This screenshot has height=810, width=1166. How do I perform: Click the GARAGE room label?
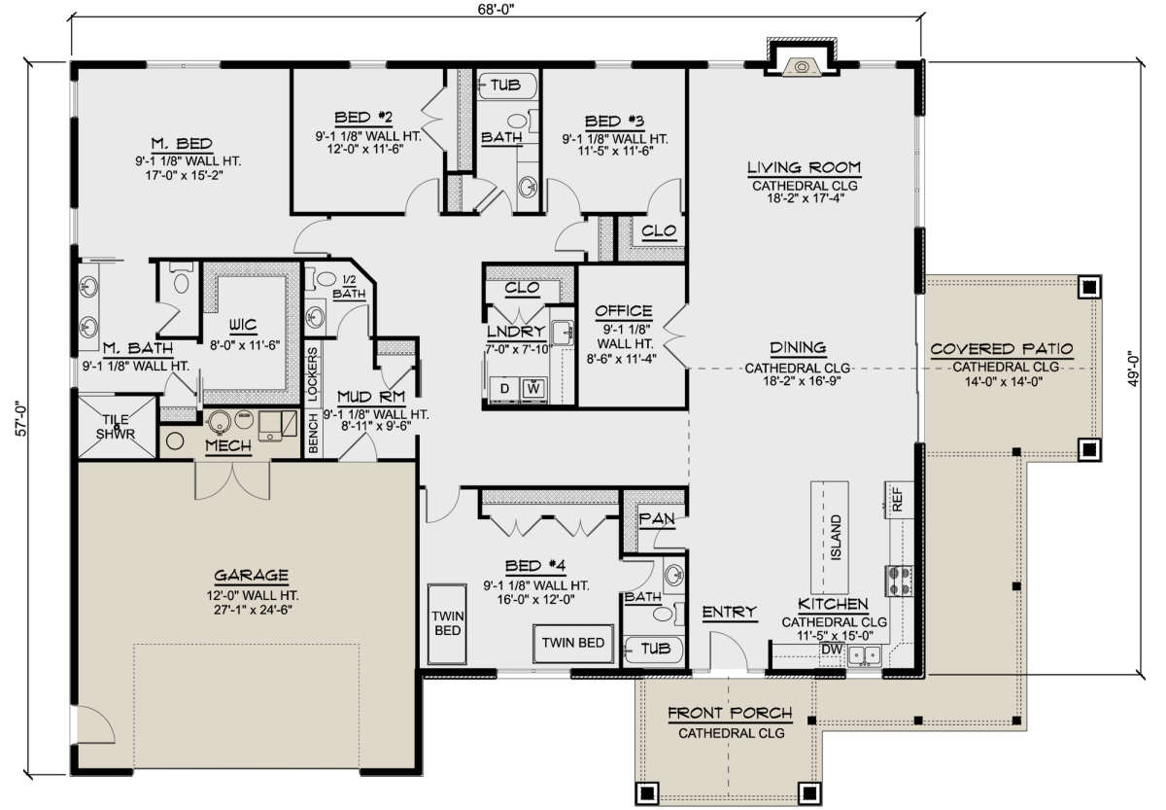pyautogui.click(x=247, y=574)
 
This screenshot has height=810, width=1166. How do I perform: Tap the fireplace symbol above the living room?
pyautogui.click(x=802, y=66)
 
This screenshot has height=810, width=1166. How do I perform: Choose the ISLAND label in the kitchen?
pyautogui.click(x=835, y=536)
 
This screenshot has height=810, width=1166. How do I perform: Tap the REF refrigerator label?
pyautogui.click(x=897, y=500)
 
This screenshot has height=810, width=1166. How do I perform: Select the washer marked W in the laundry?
pyautogui.click(x=533, y=388)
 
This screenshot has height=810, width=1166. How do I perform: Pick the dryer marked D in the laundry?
pyautogui.click(x=503, y=388)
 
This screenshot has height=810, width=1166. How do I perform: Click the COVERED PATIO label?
pyautogui.click(x=1001, y=349)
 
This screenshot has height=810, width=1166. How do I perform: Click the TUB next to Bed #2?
pyautogui.click(x=503, y=85)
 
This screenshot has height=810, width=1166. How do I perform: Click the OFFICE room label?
pyautogui.click(x=623, y=311)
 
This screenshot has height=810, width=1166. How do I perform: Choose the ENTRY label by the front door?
pyautogui.click(x=729, y=612)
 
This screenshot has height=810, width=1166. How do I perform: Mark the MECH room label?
pyautogui.click(x=227, y=446)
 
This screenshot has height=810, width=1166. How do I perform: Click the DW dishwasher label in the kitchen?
pyautogui.click(x=832, y=648)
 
